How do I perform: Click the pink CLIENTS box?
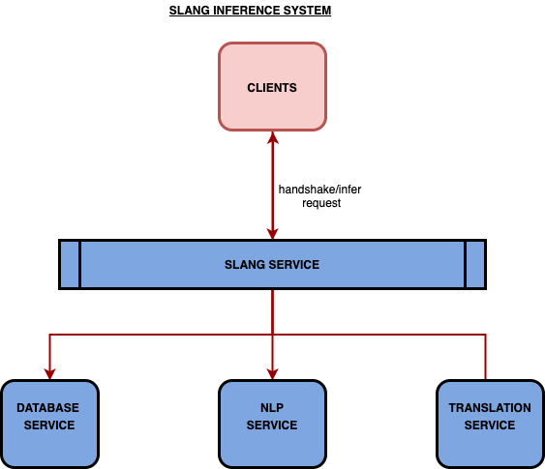pyautogui.click(x=273, y=87)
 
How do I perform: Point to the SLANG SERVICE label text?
pyautogui.click(x=272, y=265)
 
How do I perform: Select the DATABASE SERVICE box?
pyautogui.click(x=49, y=424)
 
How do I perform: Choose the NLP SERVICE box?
pyautogui.click(x=273, y=424)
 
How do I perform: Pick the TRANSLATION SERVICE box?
pyautogui.click(x=490, y=424)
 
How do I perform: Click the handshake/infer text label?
pyautogui.click(x=319, y=190)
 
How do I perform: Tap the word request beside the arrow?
pyautogui.click(x=321, y=203)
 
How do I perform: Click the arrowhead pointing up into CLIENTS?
pyautogui.click(x=273, y=137)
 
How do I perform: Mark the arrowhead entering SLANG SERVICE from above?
pyautogui.click(x=273, y=234)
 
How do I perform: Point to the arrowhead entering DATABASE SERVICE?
pyautogui.click(x=49, y=374)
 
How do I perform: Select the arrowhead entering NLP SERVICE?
pyautogui.click(x=273, y=374)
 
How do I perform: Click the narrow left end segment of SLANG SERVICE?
pyautogui.click(x=70, y=265)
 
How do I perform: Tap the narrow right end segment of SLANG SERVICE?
pyautogui.click(x=475, y=265)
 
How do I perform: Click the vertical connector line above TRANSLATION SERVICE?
pyautogui.click(x=486, y=357)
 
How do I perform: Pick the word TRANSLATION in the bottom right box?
pyautogui.click(x=490, y=407)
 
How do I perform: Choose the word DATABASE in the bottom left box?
pyautogui.click(x=48, y=407)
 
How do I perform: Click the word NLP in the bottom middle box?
pyautogui.click(x=272, y=407)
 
